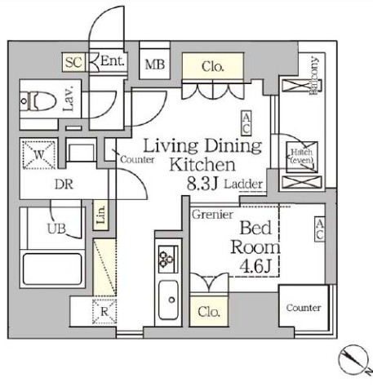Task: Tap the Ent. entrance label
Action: [112, 62]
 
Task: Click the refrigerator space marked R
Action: [104, 310]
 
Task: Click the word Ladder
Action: [244, 185]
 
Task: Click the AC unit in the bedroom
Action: [321, 229]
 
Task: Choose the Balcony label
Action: [313, 77]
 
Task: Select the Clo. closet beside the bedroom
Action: [207, 312]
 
